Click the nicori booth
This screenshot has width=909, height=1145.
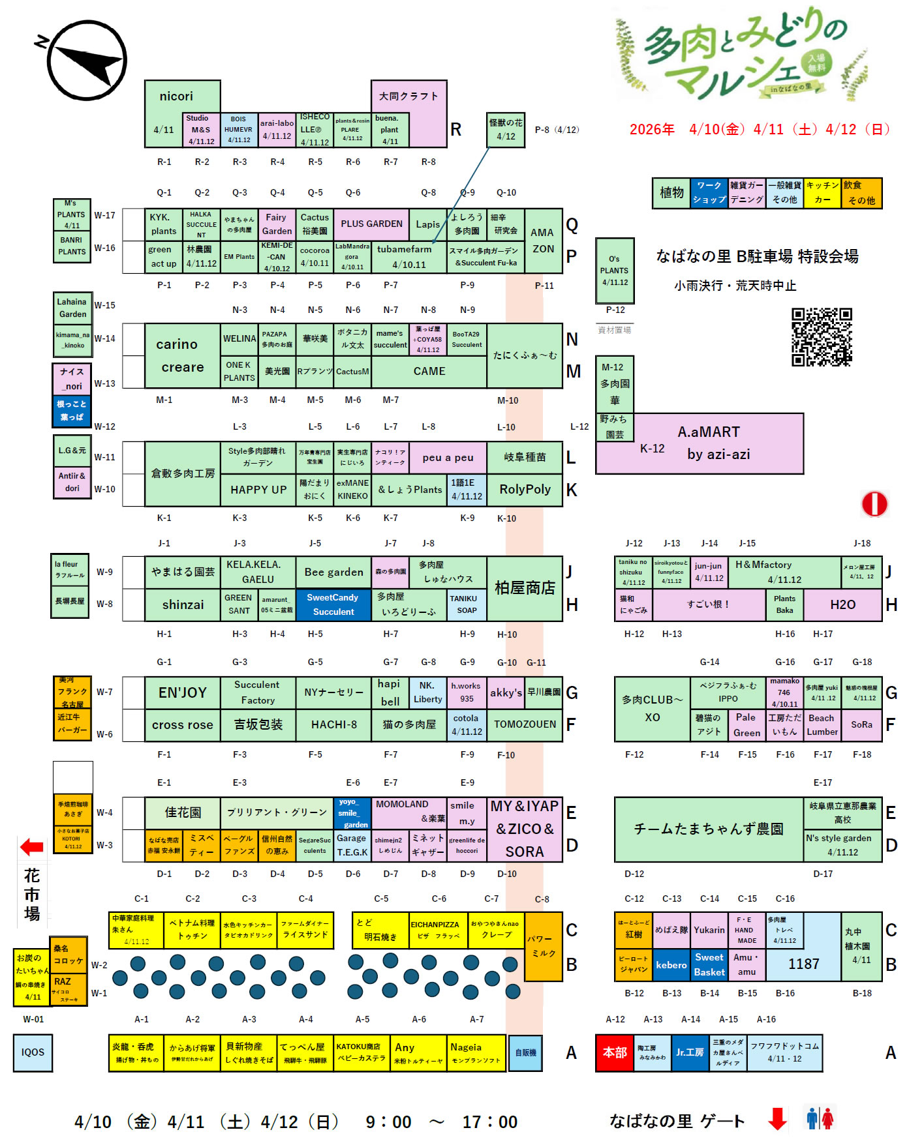(176, 97)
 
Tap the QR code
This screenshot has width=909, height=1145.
(822, 336)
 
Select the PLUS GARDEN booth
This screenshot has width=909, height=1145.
(371, 224)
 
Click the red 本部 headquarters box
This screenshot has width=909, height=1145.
(614, 1052)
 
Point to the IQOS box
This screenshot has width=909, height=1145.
(33, 1052)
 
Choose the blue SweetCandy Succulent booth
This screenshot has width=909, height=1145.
(333, 604)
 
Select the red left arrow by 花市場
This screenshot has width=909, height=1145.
(32, 847)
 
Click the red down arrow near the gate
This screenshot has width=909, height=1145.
(777, 1119)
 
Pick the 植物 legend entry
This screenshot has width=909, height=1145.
(671, 193)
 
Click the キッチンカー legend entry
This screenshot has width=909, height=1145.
(822, 193)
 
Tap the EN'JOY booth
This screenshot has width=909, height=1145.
(183, 692)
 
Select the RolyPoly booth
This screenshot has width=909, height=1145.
(525, 490)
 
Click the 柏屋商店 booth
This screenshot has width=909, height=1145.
(525, 588)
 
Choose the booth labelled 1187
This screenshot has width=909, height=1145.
(803, 964)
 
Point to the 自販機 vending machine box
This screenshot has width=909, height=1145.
(525, 1052)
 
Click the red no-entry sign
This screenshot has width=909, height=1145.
(874, 503)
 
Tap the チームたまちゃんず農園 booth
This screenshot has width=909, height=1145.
(709, 829)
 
